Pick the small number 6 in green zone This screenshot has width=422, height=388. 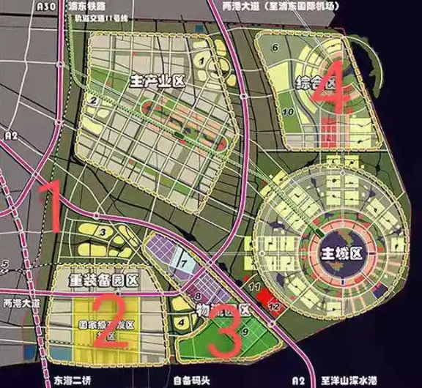coord(275,48)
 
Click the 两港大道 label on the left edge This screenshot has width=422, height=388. coord(18,302)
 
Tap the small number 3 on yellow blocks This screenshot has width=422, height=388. coord(104,233)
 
